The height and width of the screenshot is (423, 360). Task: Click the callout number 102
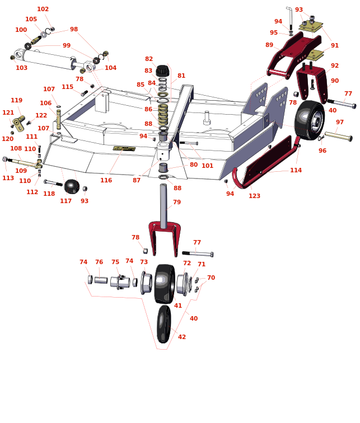point(43,9)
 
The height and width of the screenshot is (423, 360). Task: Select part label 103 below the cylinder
point(21,68)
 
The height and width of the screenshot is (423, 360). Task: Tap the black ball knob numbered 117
point(71,186)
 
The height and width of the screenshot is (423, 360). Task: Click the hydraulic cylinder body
point(48,59)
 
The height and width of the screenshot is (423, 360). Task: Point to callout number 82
point(149,59)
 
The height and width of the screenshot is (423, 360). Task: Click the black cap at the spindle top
point(162,71)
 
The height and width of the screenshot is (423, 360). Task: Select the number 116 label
point(106,180)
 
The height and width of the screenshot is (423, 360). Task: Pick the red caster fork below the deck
point(164,235)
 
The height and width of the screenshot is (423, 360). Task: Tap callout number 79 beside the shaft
point(177,202)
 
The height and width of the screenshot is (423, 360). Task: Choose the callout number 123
point(255,196)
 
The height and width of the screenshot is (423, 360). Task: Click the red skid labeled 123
point(263,162)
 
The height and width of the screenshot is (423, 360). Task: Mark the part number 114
point(296,170)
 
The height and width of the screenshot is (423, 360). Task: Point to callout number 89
point(269,45)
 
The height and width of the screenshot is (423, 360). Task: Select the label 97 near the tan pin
point(340,122)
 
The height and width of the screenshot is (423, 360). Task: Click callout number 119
point(17,100)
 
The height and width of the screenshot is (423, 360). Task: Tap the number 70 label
point(211,278)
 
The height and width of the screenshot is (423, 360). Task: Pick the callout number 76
point(99,262)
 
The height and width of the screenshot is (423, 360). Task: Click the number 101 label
point(207,166)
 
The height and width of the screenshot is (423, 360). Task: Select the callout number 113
point(8,178)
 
